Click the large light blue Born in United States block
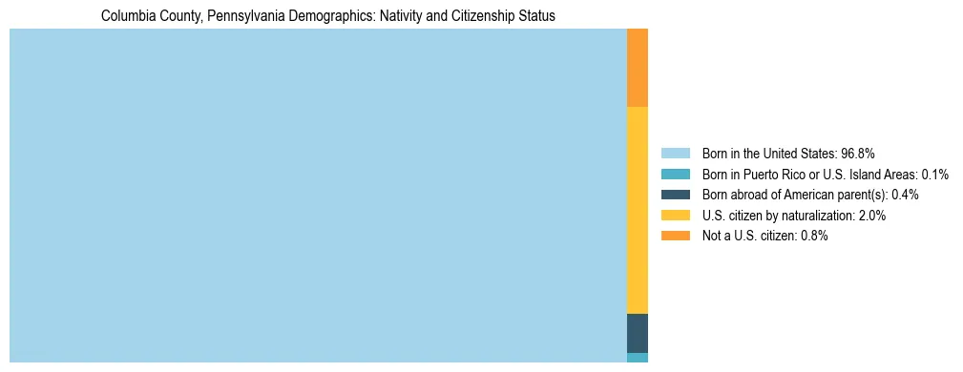(318, 196)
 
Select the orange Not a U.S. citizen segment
(638, 68)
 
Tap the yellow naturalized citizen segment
(638, 210)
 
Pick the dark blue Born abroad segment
(638, 333)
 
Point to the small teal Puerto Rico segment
(638, 358)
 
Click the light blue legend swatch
(675, 153)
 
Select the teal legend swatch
(675, 174)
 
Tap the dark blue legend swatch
(675, 195)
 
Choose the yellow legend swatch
(675, 216)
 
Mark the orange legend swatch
(675, 237)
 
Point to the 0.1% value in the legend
(934, 174)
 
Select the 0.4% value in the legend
(905, 195)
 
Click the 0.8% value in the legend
(813, 237)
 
